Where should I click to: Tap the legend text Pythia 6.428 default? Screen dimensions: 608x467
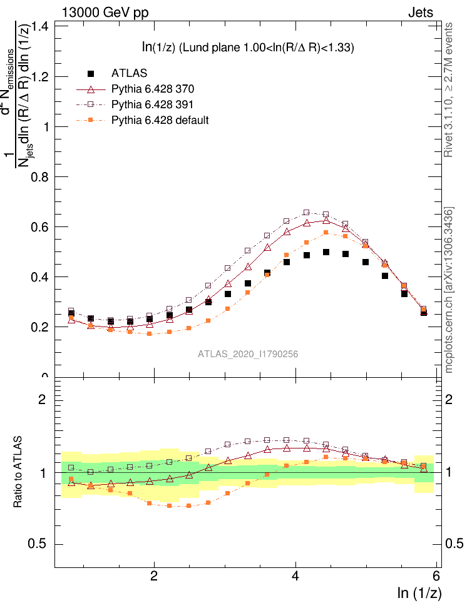(160, 119)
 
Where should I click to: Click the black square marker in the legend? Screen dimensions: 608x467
(90, 74)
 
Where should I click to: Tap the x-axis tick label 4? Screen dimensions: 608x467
(295, 577)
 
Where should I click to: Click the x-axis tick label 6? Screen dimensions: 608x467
(437, 577)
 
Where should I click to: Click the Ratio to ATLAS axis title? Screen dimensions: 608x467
(18, 471)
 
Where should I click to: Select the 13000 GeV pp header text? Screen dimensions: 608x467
(105, 11)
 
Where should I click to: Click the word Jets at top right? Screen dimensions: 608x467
(438, 11)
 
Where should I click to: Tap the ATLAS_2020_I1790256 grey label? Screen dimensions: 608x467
(248, 354)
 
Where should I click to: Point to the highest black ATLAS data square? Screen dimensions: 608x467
(326, 252)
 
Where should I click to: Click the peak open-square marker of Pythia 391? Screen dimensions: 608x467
(307, 213)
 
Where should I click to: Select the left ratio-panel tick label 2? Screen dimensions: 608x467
(44, 400)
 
